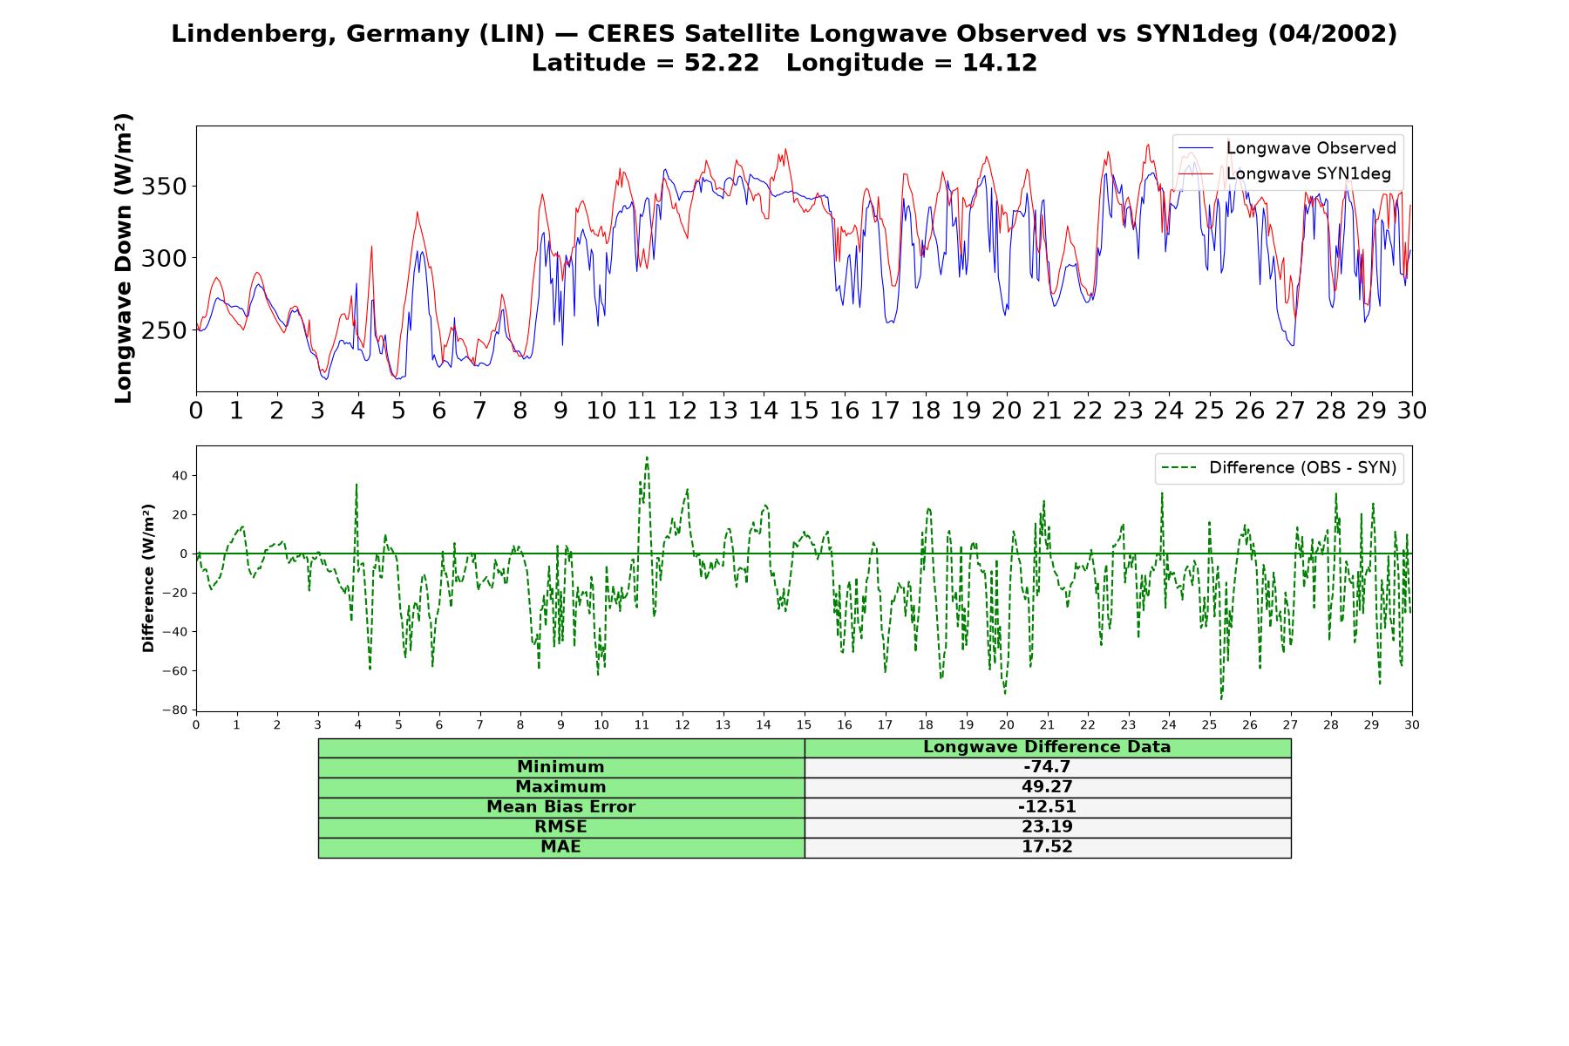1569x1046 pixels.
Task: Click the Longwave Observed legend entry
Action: [x=1287, y=148]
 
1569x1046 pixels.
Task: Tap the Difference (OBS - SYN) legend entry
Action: [x=1280, y=468]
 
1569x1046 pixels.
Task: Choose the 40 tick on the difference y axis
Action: [x=180, y=476]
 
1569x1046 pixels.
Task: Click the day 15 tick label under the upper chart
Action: [x=804, y=410]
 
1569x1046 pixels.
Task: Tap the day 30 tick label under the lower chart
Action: [x=1412, y=724]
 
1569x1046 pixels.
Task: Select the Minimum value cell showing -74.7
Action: [x=1047, y=767]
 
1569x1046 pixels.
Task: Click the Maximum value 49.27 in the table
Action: [x=1047, y=787]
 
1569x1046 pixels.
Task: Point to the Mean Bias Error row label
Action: [x=560, y=807]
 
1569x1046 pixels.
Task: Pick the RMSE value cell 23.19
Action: [x=1047, y=827]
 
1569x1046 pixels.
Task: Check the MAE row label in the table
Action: [x=560, y=847]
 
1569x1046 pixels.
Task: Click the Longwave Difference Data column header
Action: [x=1047, y=747]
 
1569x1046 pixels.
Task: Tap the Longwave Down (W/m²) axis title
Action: [x=123, y=258]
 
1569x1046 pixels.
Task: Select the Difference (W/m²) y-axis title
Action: [x=148, y=578]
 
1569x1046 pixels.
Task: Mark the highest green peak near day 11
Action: [x=647, y=457]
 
